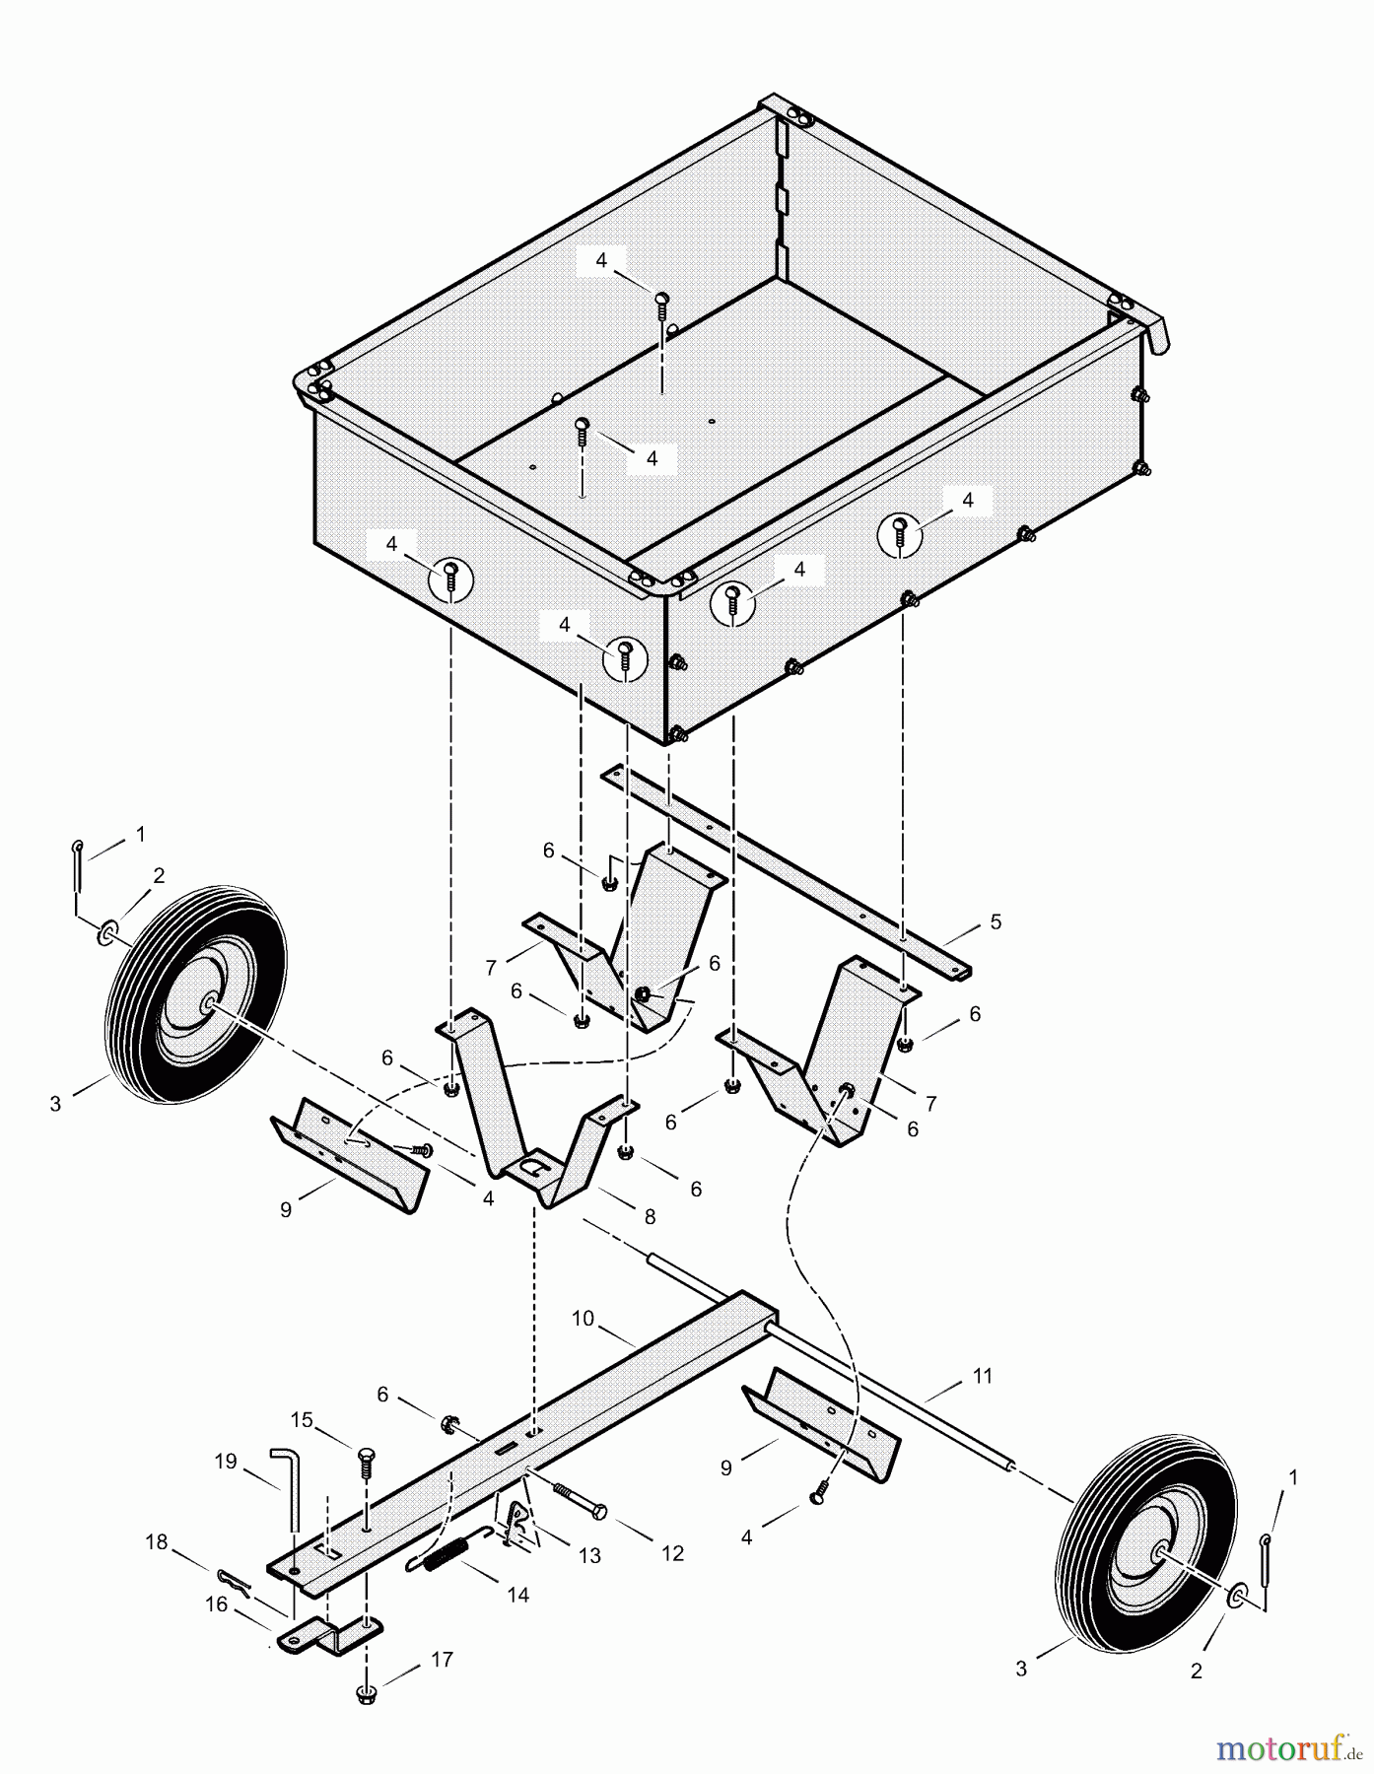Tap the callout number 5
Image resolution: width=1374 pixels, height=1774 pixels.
996,922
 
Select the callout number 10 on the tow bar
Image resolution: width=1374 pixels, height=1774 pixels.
583,1319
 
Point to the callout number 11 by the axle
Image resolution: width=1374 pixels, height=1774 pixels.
983,1376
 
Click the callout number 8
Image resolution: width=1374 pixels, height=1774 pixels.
650,1217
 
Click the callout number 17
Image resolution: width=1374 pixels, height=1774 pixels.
443,1660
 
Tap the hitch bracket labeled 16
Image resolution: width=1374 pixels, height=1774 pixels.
325,1636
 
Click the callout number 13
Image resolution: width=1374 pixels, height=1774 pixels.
589,1556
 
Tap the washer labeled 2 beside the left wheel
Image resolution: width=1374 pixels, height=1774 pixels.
106,930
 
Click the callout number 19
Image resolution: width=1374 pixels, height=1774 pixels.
226,1461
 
